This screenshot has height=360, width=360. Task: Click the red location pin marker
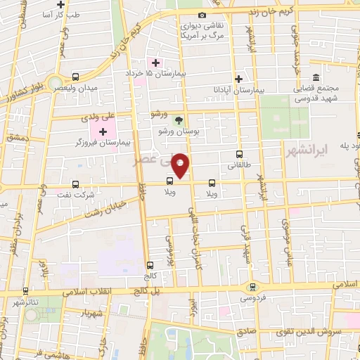click(x=182, y=164)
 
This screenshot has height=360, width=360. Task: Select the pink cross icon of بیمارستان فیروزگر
click(x=103, y=131)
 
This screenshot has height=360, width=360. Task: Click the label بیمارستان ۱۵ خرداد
click(x=169, y=72)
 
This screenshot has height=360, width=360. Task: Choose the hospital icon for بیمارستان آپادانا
click(x=240, y=79)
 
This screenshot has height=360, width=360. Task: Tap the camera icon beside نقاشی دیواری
click(x=202, y=15)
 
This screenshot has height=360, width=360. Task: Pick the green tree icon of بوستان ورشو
click(x=178, y=120)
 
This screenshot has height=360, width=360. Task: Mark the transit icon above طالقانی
click(x=240, y=155)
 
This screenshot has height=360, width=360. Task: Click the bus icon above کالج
click(x=150, y=265)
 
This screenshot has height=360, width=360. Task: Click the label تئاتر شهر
click(x=23, y=301)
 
